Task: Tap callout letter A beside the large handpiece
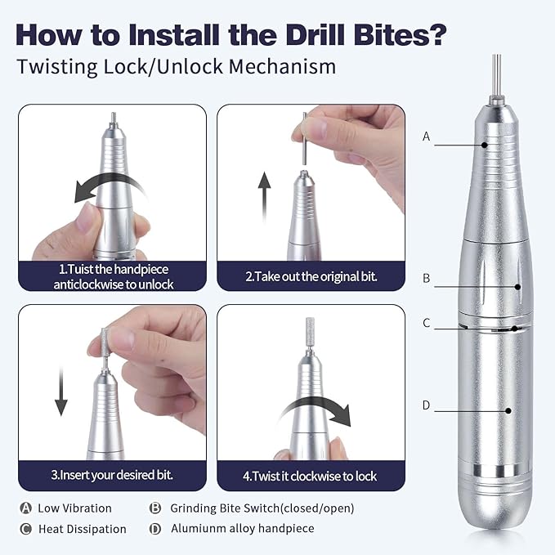coord(426,137)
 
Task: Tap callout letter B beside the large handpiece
coord(426,278)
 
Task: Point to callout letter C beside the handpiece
coord(426,323)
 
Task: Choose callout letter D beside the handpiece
coord(426,405)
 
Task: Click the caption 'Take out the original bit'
coord(311,276)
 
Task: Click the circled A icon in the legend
coord(25,508)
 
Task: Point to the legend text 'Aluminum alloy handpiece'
coord(242,529)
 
